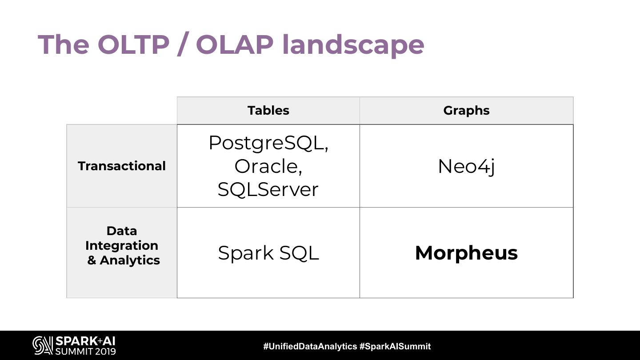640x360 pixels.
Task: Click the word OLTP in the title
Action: point(133,44)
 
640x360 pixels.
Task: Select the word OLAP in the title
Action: point(235,44)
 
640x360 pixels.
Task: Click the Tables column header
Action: point(268,111)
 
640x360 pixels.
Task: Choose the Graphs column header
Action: point(466,111)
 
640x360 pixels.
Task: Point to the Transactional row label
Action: point(122,166)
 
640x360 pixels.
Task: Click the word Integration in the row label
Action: point(122,246)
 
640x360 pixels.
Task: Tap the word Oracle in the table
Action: point(266,166)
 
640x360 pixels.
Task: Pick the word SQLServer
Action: point(268,189)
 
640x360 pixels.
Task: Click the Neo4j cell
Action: point(466,167)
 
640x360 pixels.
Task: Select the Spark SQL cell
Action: point(268,253)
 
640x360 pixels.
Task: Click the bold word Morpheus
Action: point(466,253)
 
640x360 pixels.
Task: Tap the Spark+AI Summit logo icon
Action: point(43,345)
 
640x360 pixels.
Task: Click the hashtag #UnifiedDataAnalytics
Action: point(310,347)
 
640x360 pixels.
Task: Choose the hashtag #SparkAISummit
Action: point(395,347)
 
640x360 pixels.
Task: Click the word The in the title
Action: point(64,44)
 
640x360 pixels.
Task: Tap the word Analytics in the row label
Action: point(130,260)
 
